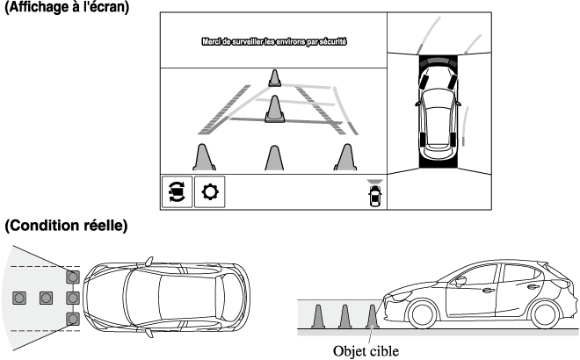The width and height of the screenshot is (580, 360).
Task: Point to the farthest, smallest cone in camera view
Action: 275,79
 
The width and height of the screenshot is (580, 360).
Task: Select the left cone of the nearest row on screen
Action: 205,157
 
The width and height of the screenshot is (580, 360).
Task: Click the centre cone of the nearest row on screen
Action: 275,158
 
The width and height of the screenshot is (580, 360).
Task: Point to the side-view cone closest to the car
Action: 373,318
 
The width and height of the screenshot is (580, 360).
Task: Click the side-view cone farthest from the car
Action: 318,318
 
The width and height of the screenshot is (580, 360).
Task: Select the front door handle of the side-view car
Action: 488,289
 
